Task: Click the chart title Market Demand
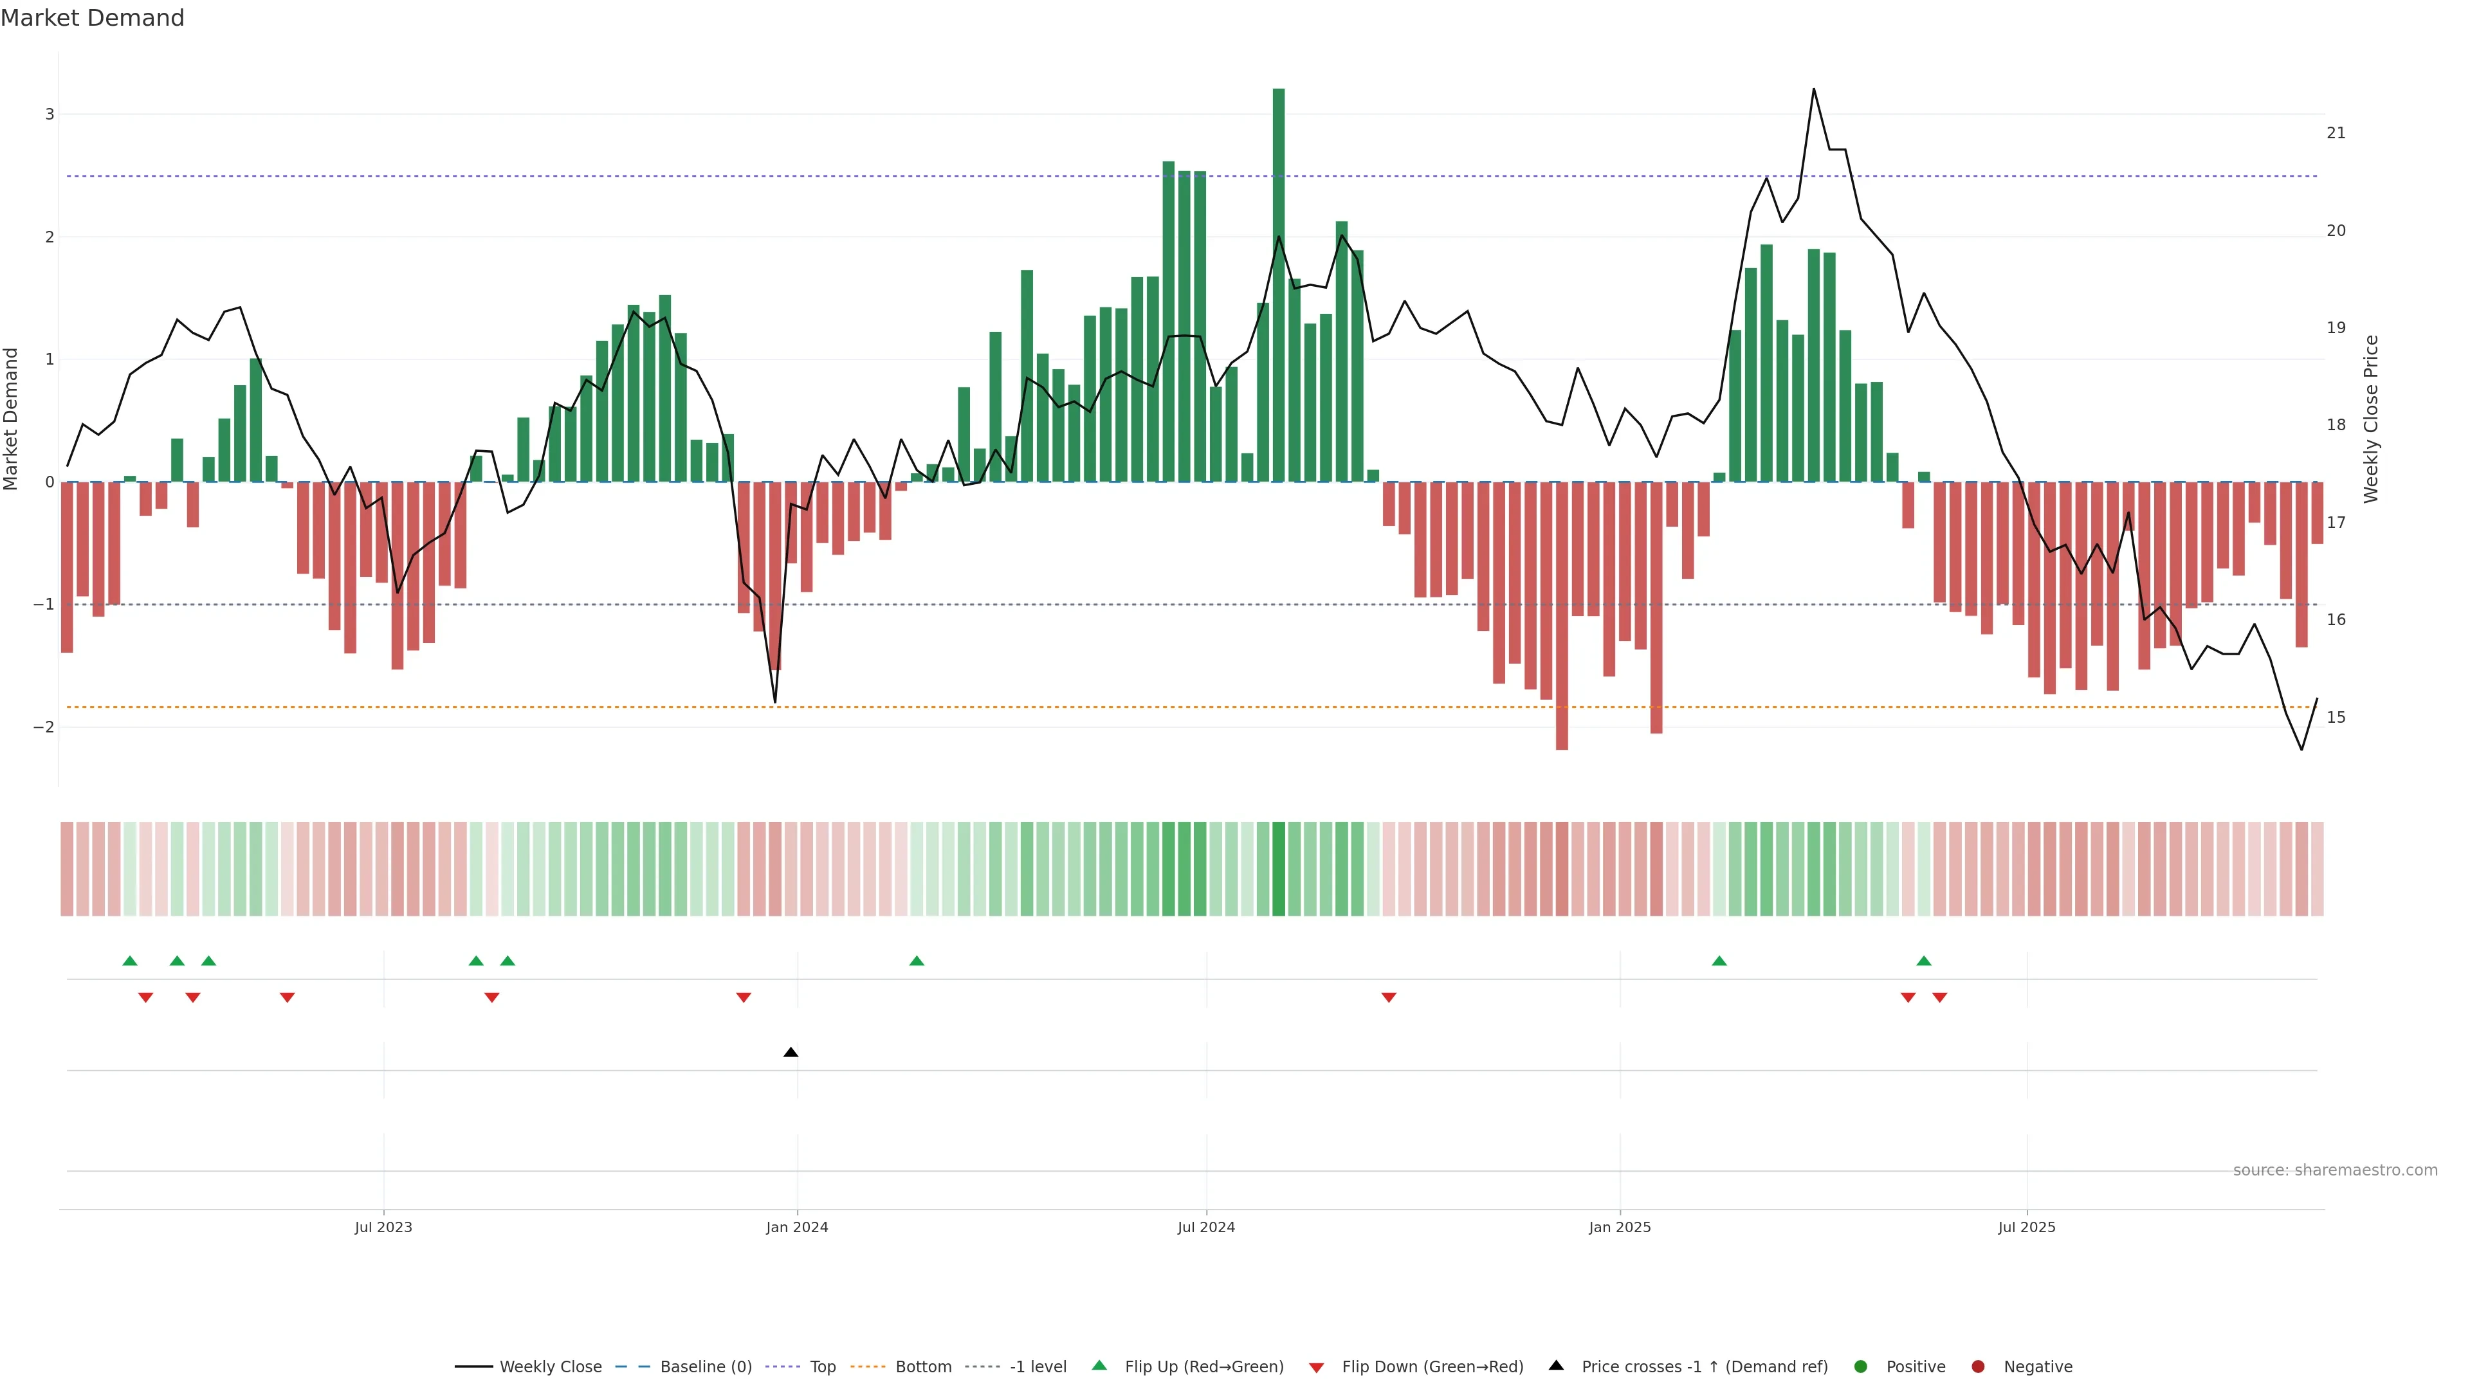click(x=92, y=18)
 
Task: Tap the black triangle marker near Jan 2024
click(x=790, y=1053)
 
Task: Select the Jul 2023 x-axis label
click(x=383, y=1227)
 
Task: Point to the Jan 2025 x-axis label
click(x=1620, y=1227)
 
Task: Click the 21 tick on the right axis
click(x=2336, y=133)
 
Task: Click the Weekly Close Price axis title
click(x=2370, y=419)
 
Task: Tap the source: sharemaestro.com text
click(x=2335, y=1170)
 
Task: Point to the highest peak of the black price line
click(x=1813, y=89)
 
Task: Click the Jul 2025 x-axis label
click(x=2026, y=1227)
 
